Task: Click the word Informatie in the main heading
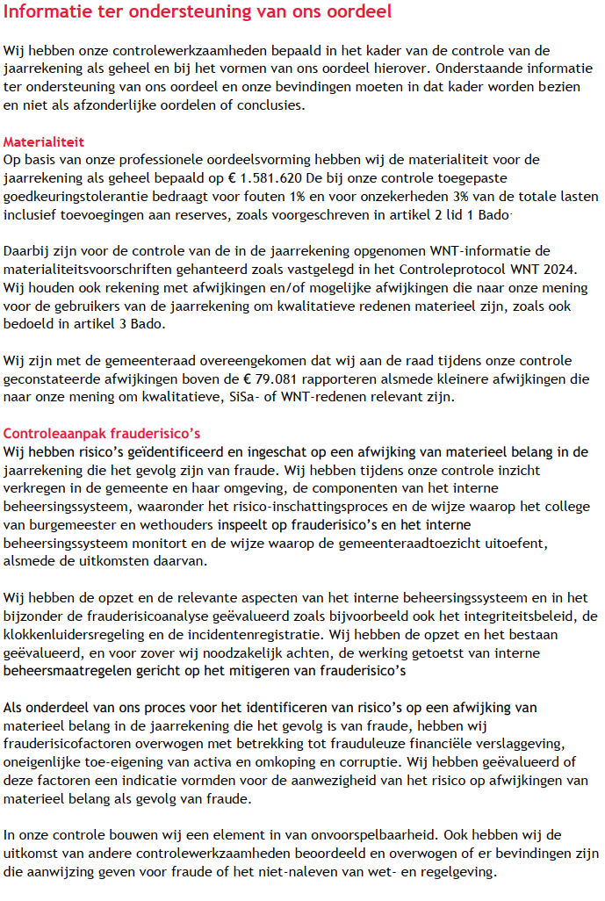pos(50,12)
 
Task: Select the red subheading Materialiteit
pos(43,141)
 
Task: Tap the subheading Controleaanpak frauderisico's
pos(103,434)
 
